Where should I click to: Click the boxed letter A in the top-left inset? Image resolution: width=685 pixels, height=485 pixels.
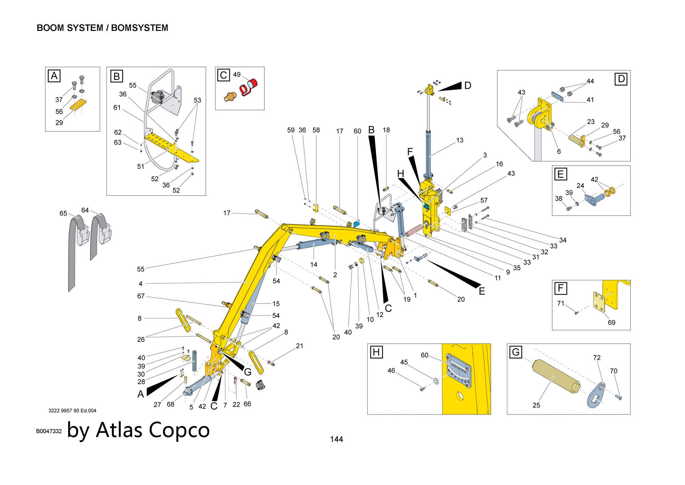tap(54, 75)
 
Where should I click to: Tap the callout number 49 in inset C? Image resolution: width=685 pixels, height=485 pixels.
tap(237, 74)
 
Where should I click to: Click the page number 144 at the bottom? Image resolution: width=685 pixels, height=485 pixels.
tap(336, 439)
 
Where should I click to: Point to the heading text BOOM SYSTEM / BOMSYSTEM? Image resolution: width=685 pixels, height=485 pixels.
tap(102, 28)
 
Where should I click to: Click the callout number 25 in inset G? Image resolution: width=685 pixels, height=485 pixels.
tap(536, 405)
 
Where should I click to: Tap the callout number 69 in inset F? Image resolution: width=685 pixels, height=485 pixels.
tap(611, 322)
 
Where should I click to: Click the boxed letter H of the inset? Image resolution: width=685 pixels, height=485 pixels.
tap(376, 352)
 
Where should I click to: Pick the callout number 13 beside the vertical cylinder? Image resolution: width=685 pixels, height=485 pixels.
tap(460, 140)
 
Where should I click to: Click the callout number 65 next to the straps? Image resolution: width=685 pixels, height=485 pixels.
tap(63, 213)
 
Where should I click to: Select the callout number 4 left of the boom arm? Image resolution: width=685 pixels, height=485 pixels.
tap(141, 284)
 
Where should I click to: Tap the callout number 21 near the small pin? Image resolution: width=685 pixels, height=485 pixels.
tap(300, 346)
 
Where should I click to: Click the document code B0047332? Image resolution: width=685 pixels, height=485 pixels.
tap(49, 431)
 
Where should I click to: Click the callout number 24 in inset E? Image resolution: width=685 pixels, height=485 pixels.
tap(580, 186)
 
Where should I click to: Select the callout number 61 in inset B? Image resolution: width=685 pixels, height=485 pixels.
tap(117, 108)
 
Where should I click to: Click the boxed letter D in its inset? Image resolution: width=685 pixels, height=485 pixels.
tap(621, 79)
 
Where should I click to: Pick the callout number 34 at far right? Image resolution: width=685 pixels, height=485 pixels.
tap(563, 240)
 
